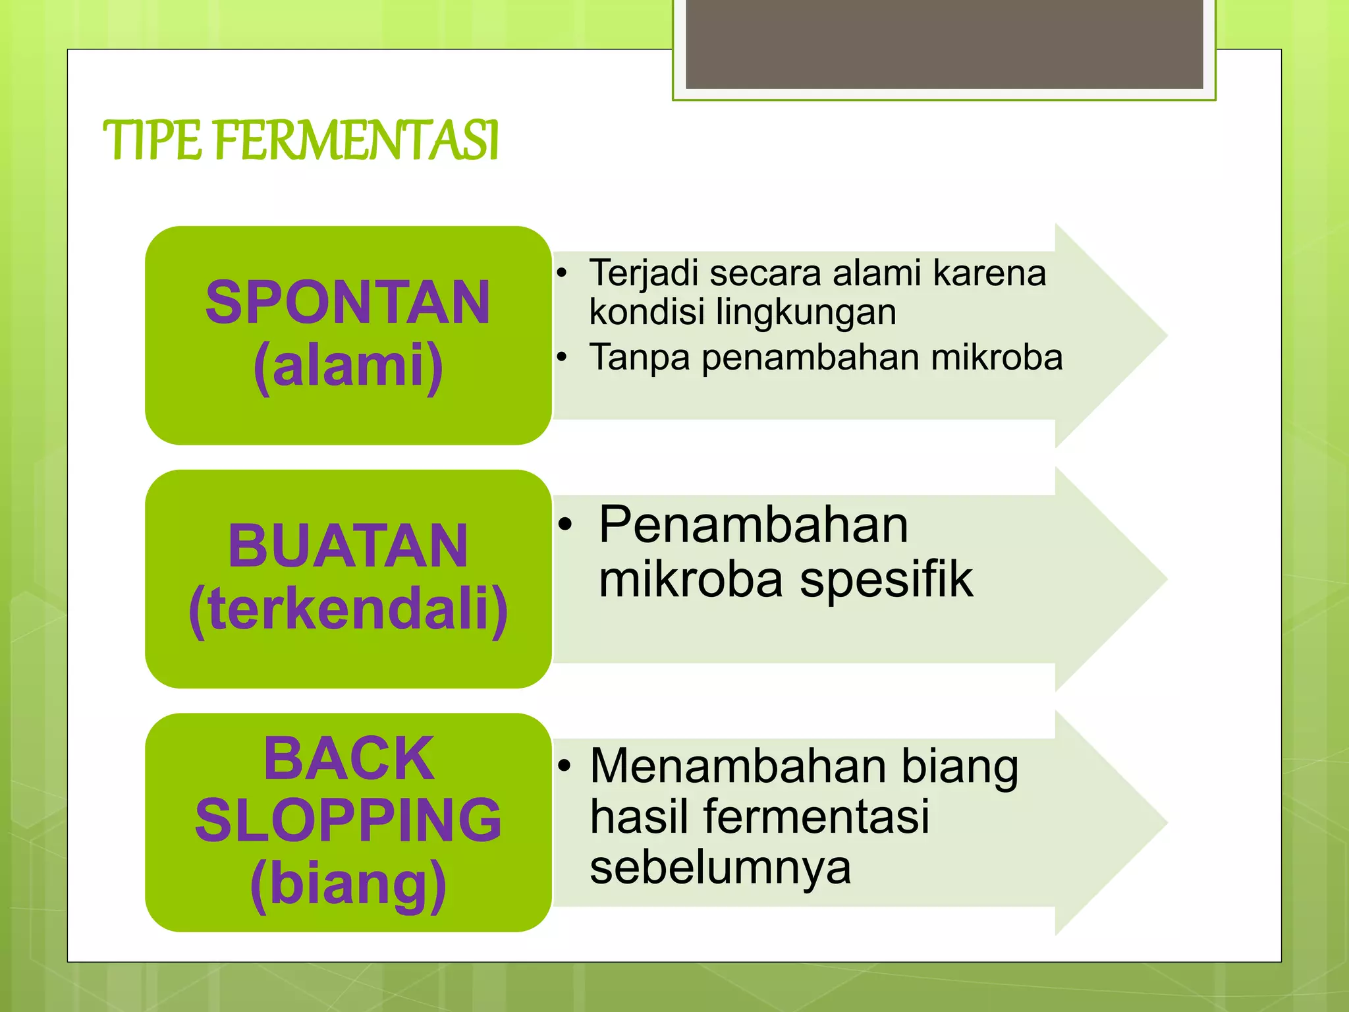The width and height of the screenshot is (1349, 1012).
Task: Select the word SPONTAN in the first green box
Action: (x=348, y=302)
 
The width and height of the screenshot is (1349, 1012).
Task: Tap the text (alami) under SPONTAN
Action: (x=348, y=366)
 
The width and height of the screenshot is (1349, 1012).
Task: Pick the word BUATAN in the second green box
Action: (x=348, y=546)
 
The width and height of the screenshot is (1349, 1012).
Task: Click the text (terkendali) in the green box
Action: (x=348, y=609)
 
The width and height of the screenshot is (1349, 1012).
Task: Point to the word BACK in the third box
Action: (x=348, y=758)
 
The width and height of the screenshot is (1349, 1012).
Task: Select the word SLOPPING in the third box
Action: (x=348, y=820)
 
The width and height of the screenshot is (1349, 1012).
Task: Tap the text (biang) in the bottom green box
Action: (x=348, y=884)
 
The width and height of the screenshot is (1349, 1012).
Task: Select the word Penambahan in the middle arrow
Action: (x=754, y=525)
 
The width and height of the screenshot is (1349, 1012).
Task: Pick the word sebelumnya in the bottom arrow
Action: (x=720, y=867)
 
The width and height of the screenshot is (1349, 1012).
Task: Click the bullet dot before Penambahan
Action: (x=565, y=525)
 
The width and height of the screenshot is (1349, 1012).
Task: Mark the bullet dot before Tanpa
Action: (x=561, y=358)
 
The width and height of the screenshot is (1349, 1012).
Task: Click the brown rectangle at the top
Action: (x=944, y=43)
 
